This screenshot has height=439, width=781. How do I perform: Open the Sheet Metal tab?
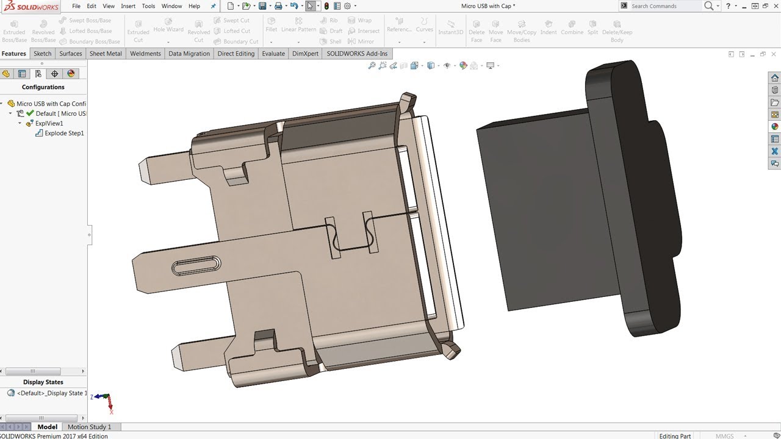(106, 54)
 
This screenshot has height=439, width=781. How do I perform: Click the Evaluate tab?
(273, 54)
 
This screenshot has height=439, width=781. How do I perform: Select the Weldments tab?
(145, 54)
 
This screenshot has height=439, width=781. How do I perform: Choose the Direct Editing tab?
(236, 54)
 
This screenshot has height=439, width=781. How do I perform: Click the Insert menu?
(128, 6)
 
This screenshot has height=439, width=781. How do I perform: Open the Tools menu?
(148, 6)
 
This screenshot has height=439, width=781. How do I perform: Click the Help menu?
(194, 6)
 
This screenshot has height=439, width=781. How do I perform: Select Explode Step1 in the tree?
(64, 133)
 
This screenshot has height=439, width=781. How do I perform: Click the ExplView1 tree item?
(49, 123)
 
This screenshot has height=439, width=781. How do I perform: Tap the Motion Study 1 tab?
(89, 427)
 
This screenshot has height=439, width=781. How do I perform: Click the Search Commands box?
(665, 6)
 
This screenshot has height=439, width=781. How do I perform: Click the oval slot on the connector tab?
(196, 265)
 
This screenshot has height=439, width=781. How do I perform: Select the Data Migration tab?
(189, 54)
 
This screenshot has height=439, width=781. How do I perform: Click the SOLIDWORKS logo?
(31, 6)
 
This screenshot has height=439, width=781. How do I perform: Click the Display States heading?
(43, 382)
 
